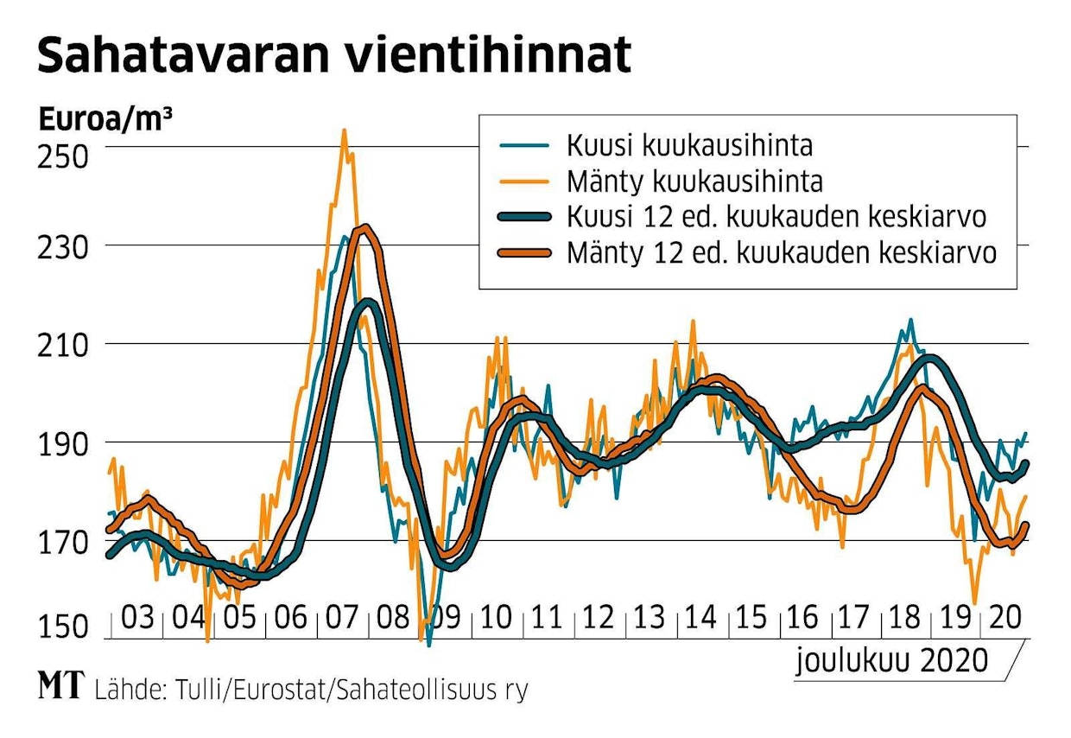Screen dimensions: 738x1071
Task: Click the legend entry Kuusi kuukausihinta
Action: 689,144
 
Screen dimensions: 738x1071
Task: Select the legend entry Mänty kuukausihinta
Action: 694,181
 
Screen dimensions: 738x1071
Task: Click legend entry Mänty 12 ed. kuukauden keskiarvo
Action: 782,254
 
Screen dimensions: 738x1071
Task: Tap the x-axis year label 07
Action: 343,620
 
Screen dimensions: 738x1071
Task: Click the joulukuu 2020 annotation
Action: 892,661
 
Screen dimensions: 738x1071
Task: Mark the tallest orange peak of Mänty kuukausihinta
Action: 344,132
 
